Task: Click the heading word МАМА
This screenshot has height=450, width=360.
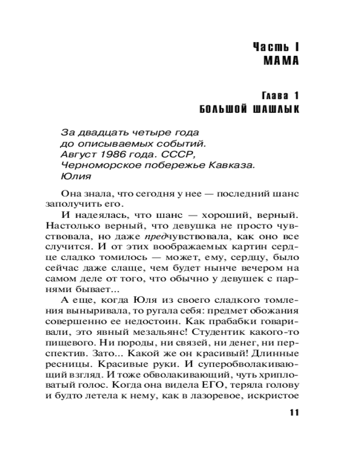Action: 281,61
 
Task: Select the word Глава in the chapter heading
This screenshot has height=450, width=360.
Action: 275,96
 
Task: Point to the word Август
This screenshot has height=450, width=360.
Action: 75,154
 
